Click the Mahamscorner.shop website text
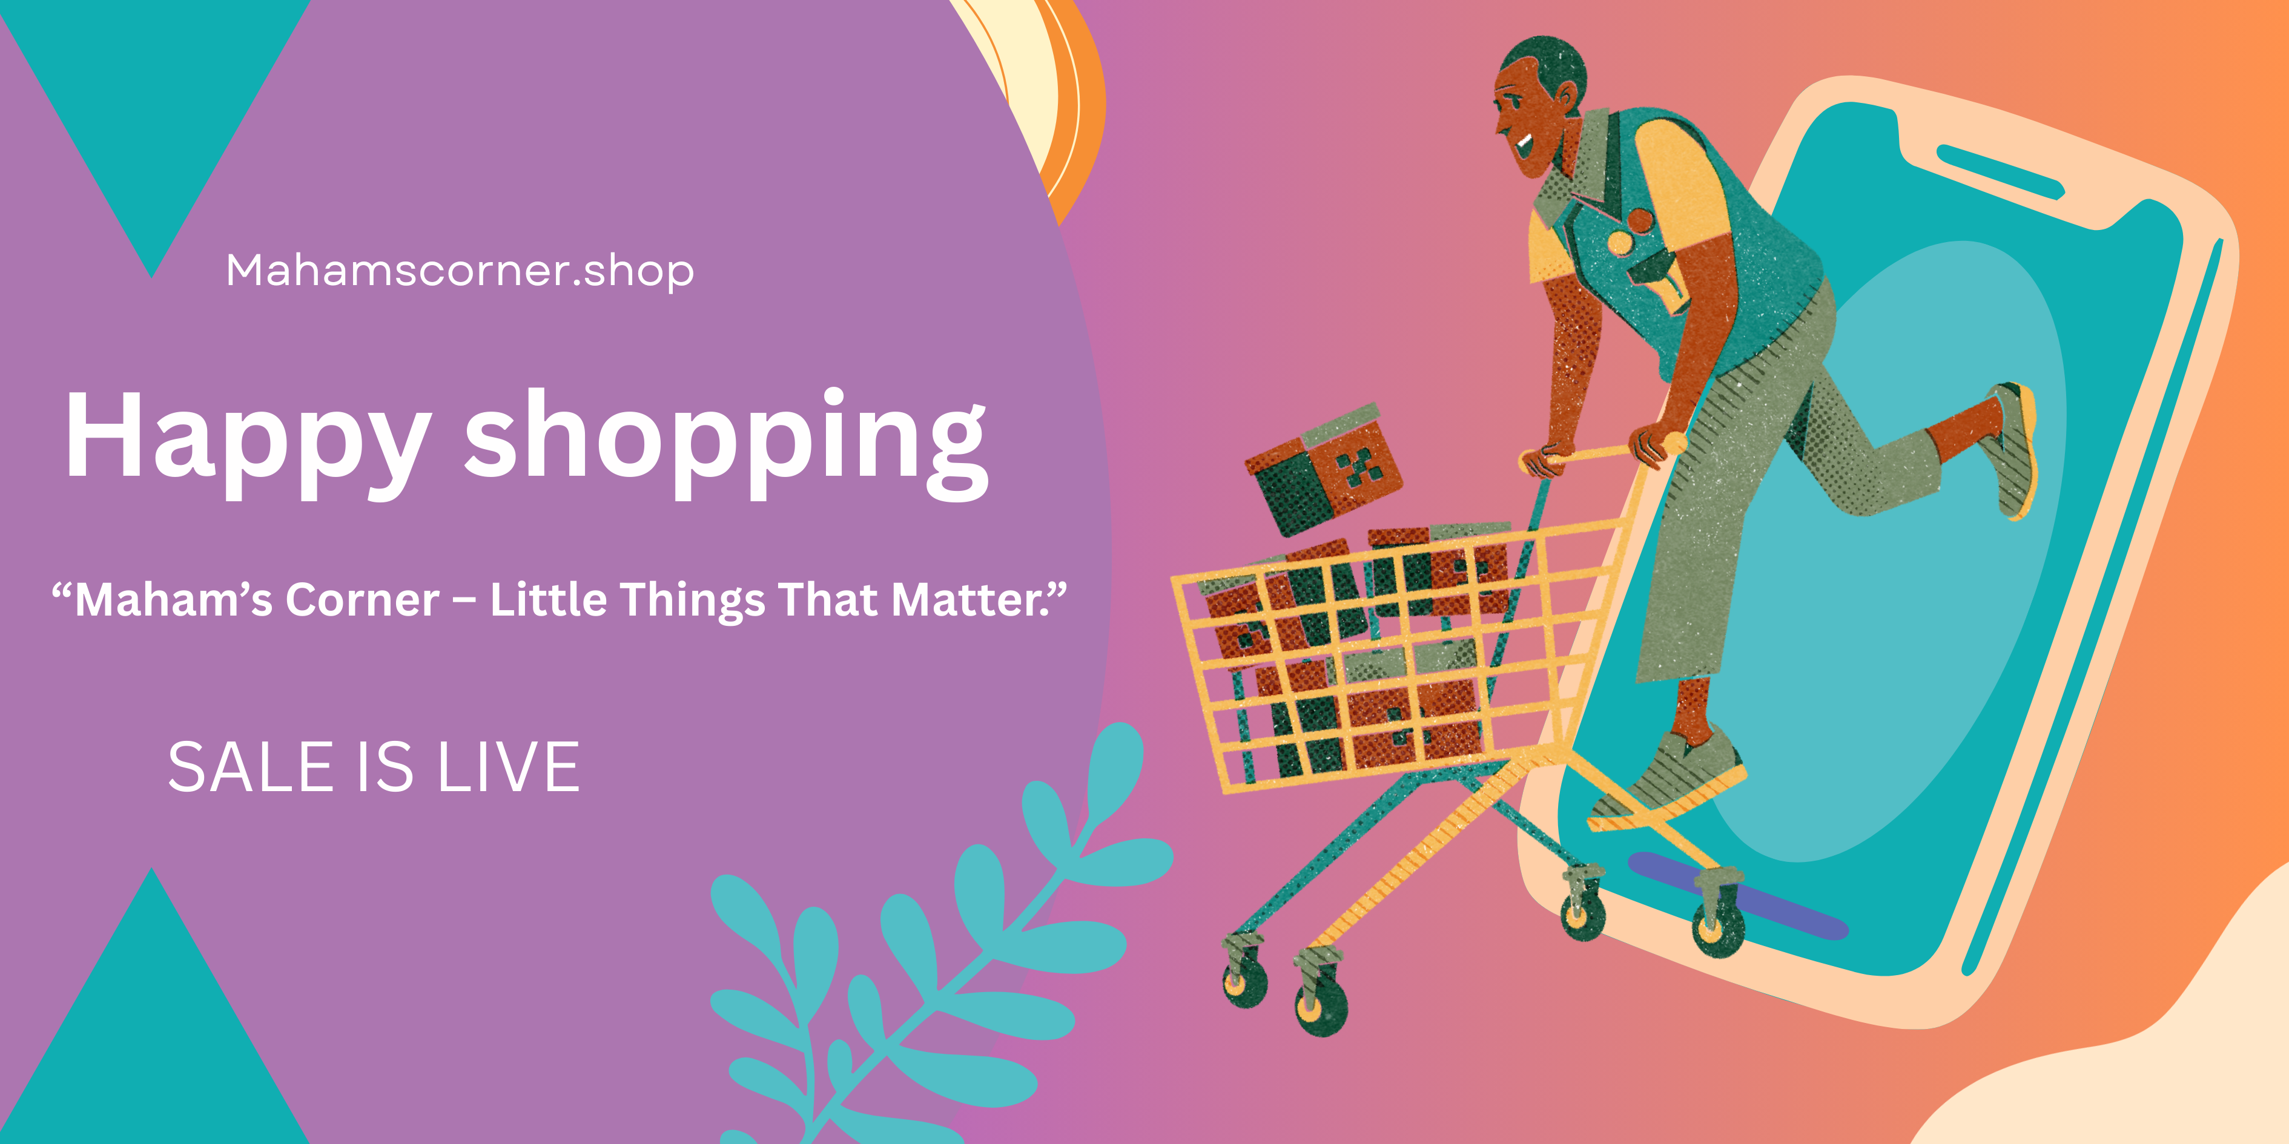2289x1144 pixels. [x=460, y=271]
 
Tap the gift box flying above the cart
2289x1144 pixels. [x=1323, y=470]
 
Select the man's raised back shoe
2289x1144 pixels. [x=2013, y=449]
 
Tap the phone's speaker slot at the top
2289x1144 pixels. [x=2000, y=171]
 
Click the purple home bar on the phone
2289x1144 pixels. [x=1737, y=895]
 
